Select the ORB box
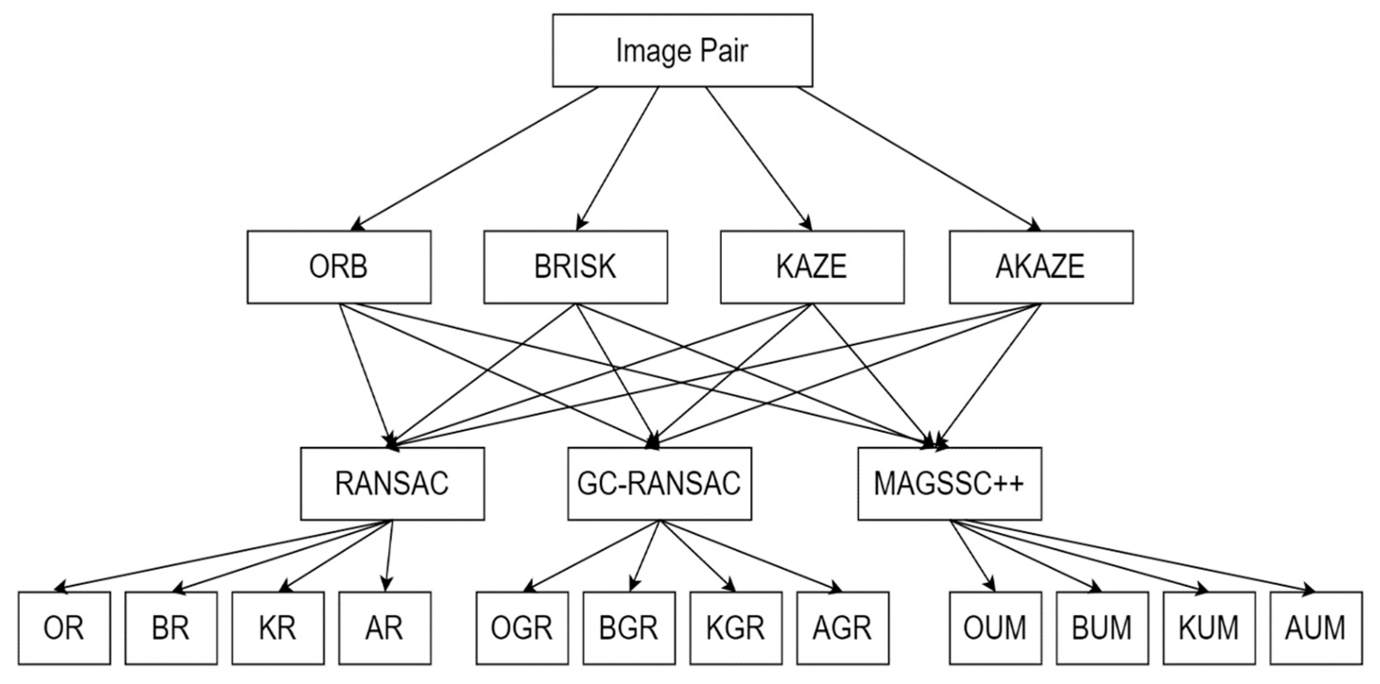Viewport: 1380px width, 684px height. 339,267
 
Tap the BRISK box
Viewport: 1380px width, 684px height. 575,267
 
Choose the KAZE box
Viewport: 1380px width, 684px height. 812,267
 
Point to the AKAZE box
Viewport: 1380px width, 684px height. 1040,267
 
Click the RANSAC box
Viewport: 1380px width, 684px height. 392,483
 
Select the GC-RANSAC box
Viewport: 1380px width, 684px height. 659,483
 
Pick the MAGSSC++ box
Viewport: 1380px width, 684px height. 949,483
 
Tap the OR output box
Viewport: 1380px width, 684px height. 64,628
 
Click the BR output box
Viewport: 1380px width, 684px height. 171,628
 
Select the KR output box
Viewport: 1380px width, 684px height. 277,628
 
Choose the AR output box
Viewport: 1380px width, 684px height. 385,628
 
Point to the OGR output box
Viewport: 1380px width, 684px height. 522,628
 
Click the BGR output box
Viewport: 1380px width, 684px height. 628,628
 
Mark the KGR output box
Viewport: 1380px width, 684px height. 736,628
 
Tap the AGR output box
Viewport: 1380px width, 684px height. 842,628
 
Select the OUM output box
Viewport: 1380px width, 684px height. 995,628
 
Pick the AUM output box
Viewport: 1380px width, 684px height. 1316,628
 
